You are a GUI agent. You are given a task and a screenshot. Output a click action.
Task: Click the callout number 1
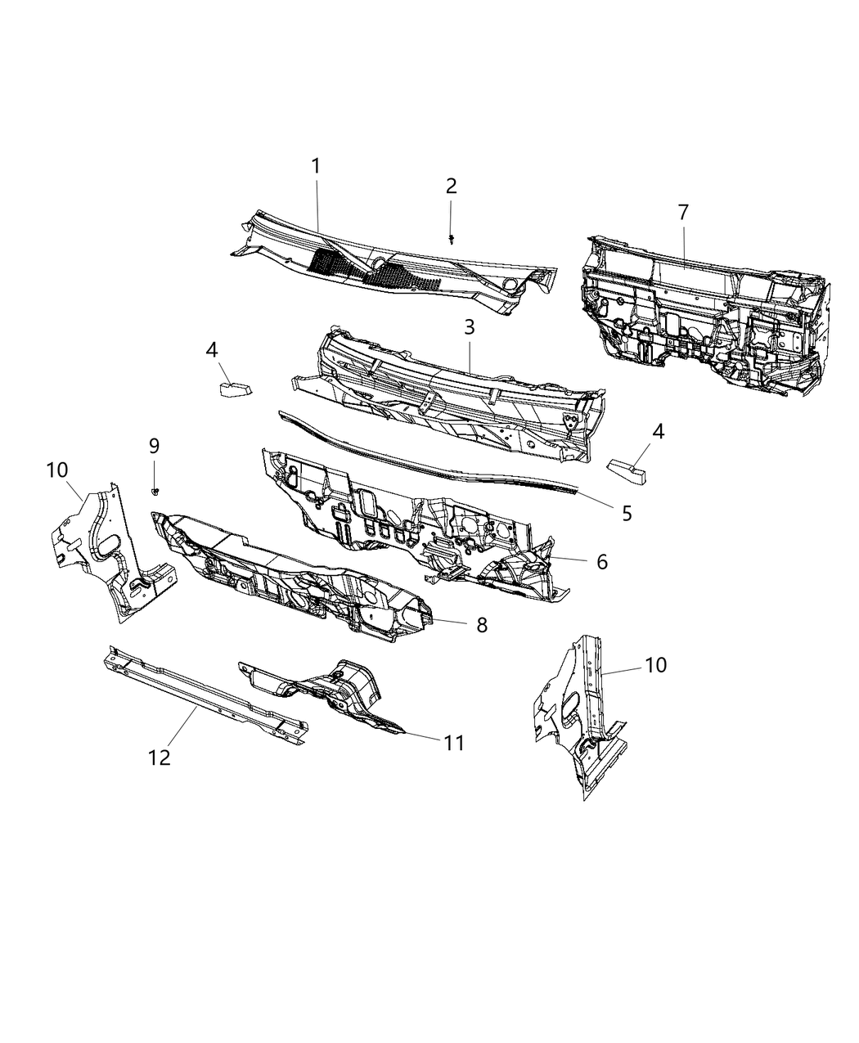[315, 166]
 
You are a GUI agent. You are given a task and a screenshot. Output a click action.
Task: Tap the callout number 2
[451, 186]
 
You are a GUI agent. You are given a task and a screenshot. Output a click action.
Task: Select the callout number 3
[469, 327]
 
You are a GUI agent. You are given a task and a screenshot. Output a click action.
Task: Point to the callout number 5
[627, 514]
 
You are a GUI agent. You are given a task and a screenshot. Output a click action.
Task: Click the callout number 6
[601, 562]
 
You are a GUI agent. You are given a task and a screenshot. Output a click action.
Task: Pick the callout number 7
[683, 213]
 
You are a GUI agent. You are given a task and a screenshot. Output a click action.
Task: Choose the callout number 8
[481, 625]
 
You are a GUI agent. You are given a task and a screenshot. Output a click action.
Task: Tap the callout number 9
[154, 446]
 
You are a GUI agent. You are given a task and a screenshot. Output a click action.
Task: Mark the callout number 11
[453, 743]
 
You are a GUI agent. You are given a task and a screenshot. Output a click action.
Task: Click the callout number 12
[160, 758]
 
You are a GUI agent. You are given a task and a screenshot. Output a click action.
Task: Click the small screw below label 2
[452, 239]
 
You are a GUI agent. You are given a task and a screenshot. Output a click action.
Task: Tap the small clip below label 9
[155, 491]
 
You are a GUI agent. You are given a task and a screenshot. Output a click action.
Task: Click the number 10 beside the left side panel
[57, 470]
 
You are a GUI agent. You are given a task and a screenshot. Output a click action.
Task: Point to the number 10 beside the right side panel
[656, 665]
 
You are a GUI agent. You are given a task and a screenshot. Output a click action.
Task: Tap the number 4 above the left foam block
[212, 350]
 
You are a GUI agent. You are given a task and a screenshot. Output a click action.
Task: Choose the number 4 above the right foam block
[657, 430]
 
